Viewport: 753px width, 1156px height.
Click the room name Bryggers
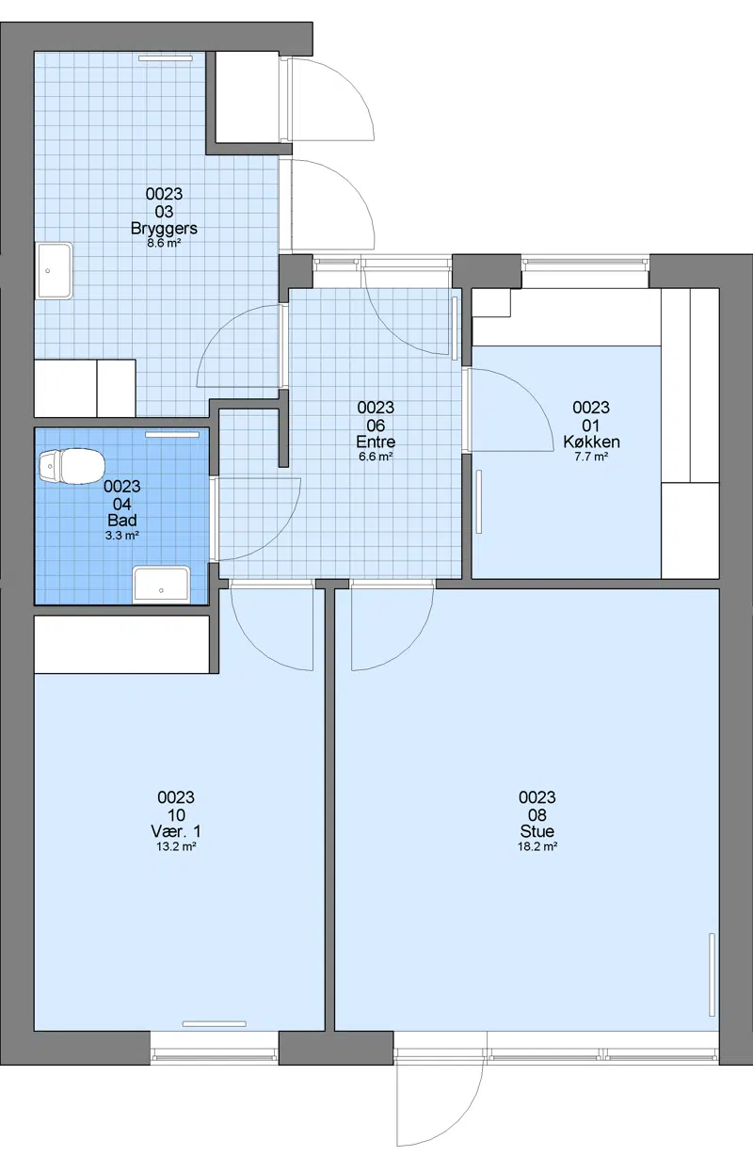point(164,229)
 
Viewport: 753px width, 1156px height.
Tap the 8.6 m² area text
point(164,243)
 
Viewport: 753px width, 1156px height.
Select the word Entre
point(376,442)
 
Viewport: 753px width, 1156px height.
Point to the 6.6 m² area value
point(376,457)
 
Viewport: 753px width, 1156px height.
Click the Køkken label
point(591,442)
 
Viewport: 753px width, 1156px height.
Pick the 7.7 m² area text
point(591,457)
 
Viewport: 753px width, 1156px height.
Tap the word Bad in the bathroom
point(122,521)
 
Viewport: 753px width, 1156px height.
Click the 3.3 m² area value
point(122,536)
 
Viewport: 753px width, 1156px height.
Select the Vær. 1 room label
point(176,831)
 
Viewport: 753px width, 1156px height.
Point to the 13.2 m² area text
point(176,846)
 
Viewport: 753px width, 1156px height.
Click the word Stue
point(537,831)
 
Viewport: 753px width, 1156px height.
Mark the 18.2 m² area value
point(537,846)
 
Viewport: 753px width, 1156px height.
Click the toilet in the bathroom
point(72,466)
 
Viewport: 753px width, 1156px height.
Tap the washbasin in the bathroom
point(162,585)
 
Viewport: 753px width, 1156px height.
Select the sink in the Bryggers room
point(55,271)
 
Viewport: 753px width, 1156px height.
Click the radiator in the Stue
point(713,975)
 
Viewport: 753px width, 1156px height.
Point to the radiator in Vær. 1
point(215,1024)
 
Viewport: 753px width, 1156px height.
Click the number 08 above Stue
point(537,815)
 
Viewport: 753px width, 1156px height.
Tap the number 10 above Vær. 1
point(176,815)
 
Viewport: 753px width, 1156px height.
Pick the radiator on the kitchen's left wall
point(479,502)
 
